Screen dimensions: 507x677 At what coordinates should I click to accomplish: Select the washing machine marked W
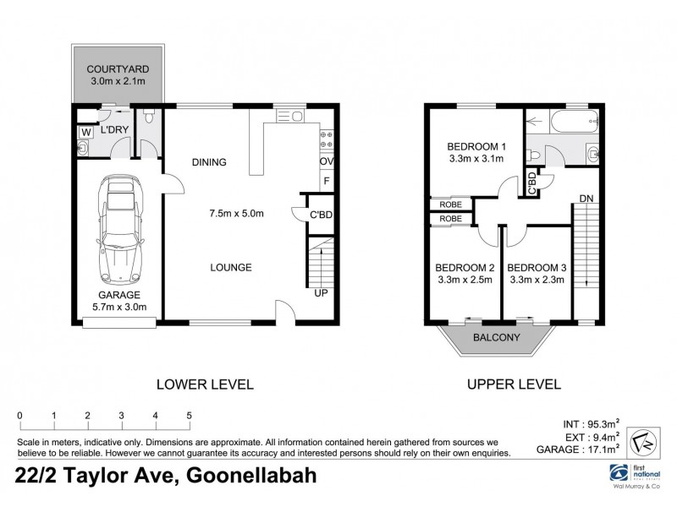pyautogui.click(x=86, y=132)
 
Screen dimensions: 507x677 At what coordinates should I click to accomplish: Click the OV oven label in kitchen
pyautogui.click(x=326, y=161)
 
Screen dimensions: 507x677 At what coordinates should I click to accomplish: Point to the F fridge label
pyautogui.click(x=326, y=181)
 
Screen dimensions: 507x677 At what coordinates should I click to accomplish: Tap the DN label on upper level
pyautogui.click(x=586, y=199)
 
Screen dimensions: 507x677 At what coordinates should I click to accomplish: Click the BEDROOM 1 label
pyautogui.click(x=475, y=146)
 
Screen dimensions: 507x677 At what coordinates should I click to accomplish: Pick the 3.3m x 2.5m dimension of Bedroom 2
pyautogui.click(x=464, y=281)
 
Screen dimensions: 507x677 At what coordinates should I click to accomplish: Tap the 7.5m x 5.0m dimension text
pyautogui.click(x=236, y=213)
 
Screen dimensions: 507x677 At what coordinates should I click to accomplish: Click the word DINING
pyautogui.click(x=208, y=162)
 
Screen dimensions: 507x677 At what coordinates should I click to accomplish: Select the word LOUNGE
pyautogui.click(x=231, y=268)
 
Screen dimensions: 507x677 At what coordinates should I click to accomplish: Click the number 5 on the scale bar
pyautogui.click(x=189, y=415)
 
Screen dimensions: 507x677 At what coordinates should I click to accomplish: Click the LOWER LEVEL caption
pyautogui.click(x=205, y=384)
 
